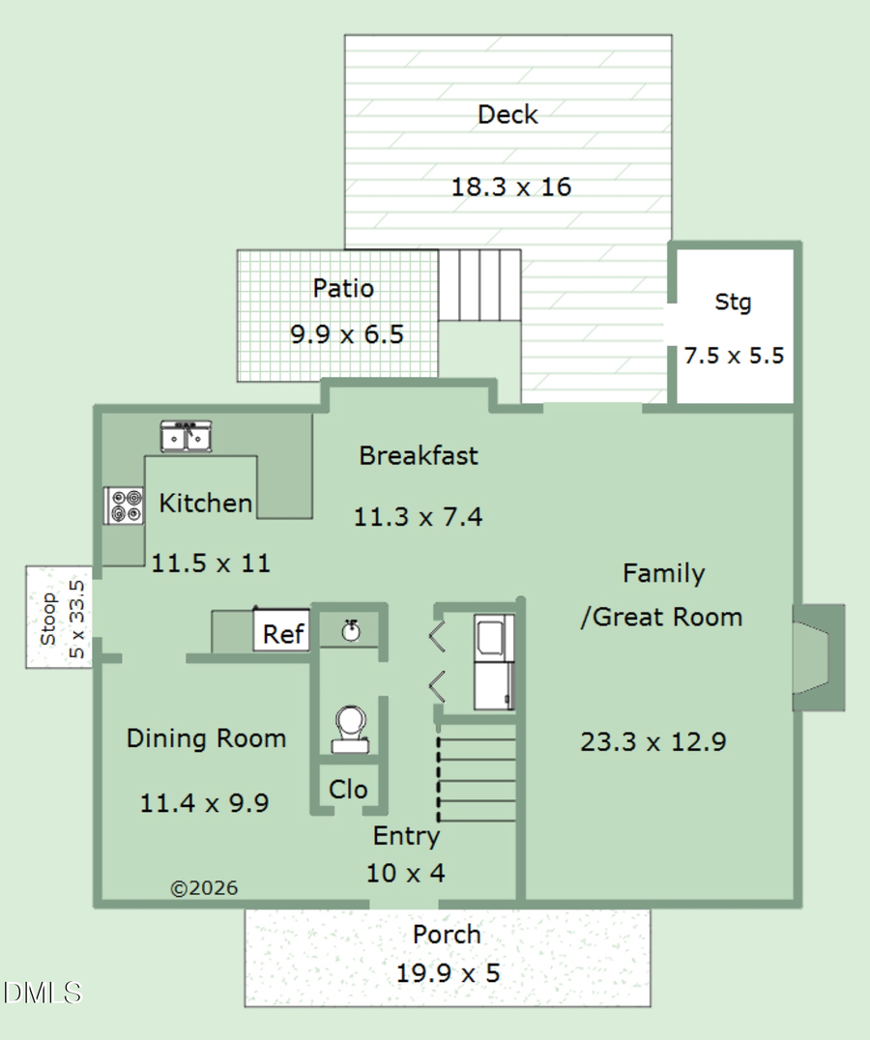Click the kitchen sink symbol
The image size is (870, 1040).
point(187,437)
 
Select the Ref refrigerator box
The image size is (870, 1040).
point(282,634)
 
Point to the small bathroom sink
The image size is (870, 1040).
point(352,630)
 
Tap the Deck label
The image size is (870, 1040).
point(507,115)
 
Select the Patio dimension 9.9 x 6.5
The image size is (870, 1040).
point(346,335)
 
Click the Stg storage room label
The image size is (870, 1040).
point(733,303)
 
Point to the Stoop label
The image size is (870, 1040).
point(48,619)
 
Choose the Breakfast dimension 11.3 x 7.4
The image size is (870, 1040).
point(418,517)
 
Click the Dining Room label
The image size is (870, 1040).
point(206,739)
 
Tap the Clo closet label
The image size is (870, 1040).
point(348,790)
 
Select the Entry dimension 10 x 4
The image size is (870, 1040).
point(405,874)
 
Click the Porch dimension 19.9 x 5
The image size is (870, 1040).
point(448,972)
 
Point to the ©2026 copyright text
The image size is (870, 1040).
point(204,888)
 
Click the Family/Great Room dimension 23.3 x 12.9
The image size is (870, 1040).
point(653,742)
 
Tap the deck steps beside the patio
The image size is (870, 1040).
point(479,285)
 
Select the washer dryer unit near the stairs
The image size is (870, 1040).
point(494,663)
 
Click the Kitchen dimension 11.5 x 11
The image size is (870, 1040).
point(210,563)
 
